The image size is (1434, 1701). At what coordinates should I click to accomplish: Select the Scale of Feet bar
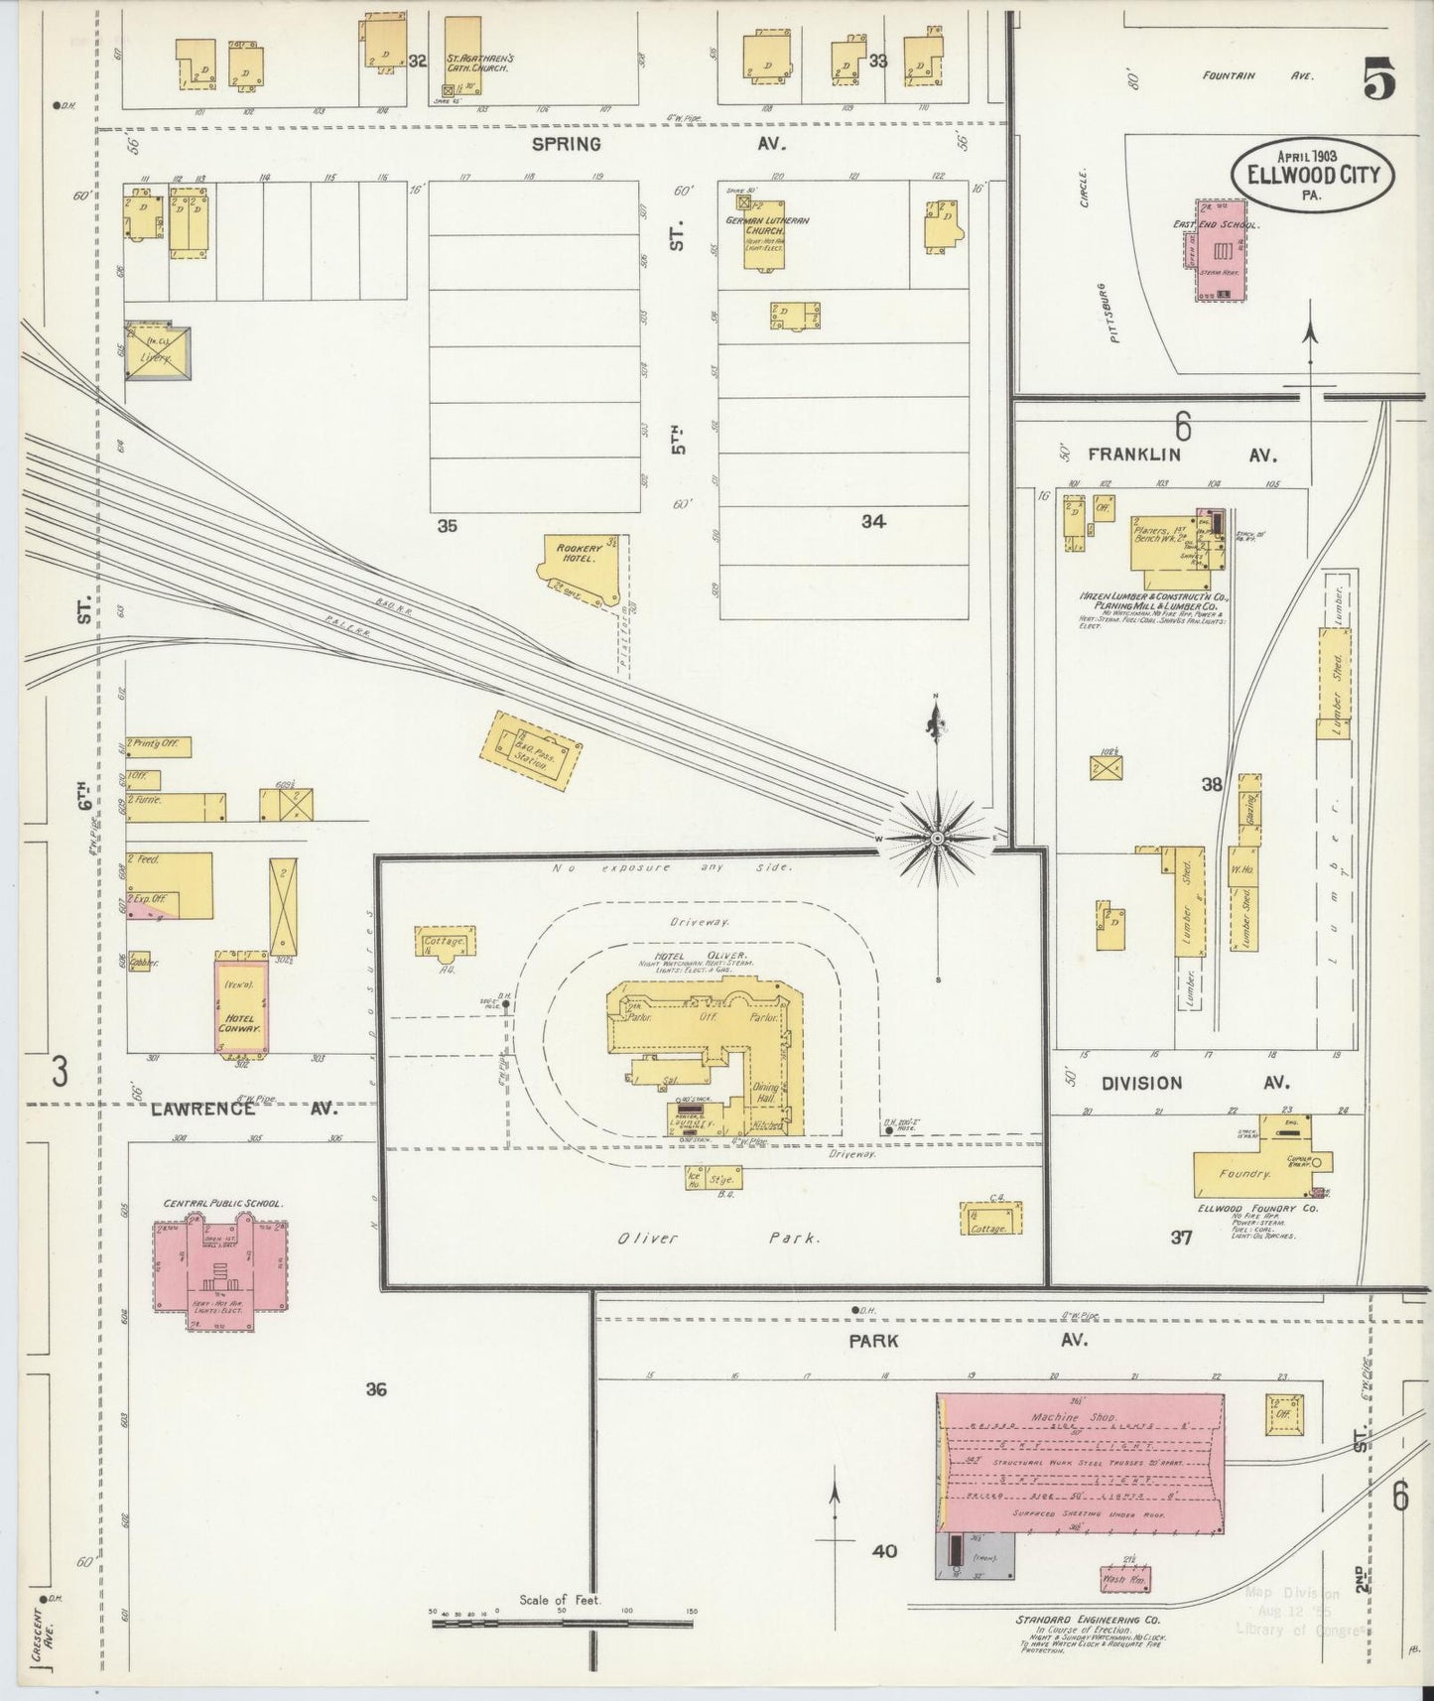(x=561, y=1624)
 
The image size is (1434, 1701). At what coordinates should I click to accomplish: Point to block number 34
(x=873, y=522)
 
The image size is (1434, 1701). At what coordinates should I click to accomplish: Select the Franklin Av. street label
(x=1180, y=455)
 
